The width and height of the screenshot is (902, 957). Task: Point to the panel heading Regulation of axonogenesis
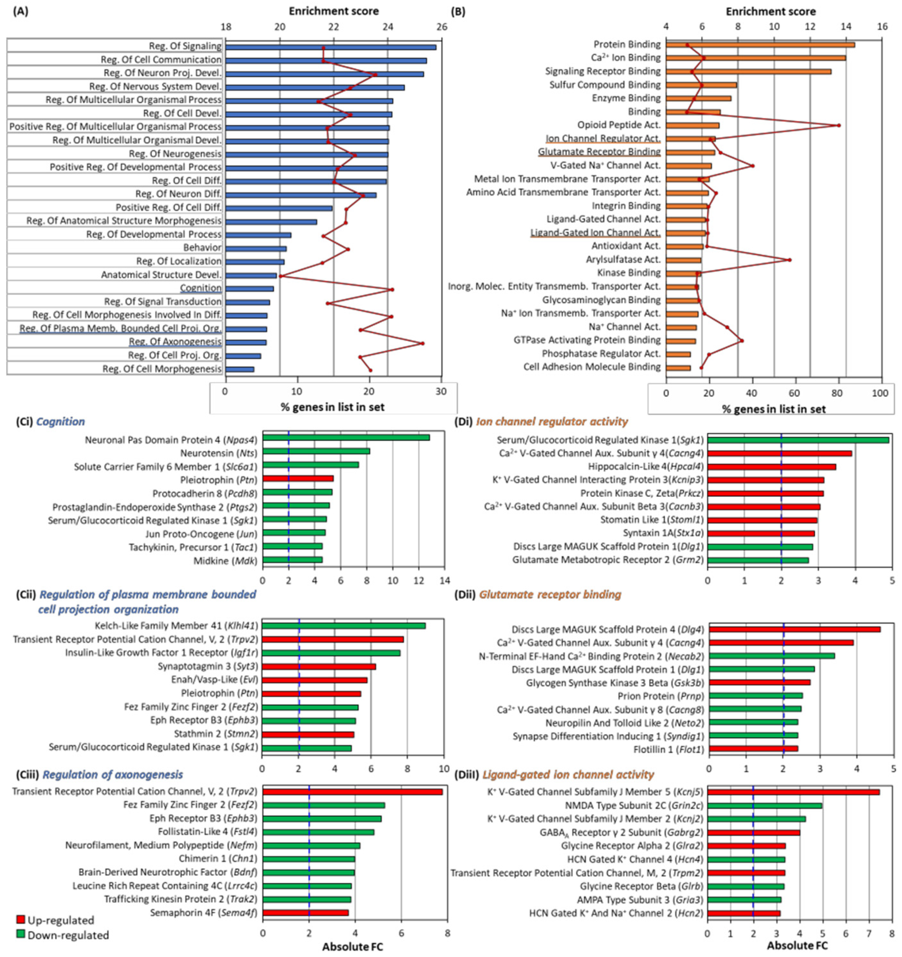tap(113, 774)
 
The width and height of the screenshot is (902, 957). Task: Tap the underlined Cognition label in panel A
tap(201, 288)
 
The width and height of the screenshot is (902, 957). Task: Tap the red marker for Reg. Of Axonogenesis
tap(422, 343)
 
